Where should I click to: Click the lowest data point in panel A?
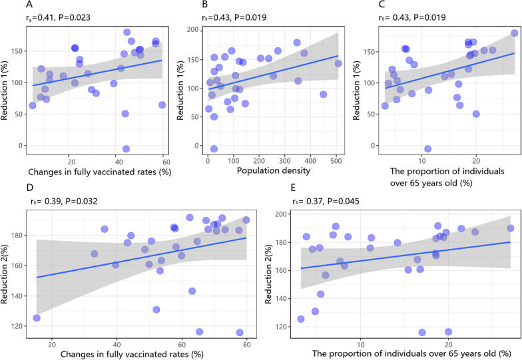(x=126, y=149)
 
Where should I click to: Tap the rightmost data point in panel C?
(x=514, y=33)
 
